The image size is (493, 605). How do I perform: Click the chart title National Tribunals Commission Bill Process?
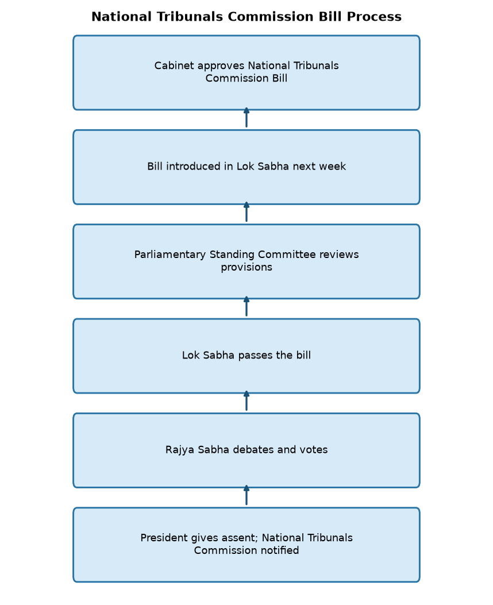(246, 17)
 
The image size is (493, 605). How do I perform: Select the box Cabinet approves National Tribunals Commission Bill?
(246, 72)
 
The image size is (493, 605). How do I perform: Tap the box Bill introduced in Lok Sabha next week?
(246, 167)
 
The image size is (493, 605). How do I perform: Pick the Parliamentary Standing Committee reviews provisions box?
(246, 261)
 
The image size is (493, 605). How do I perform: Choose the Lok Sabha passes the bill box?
(246, 356)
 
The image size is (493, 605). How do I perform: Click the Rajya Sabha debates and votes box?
(246, 450)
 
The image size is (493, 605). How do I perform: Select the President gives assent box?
(246, 545)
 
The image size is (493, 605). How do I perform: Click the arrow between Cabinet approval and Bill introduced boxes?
(246, 118)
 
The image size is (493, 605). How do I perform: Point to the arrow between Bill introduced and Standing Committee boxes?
(246, 212)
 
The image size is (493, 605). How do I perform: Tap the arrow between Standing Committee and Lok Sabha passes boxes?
(246, 306)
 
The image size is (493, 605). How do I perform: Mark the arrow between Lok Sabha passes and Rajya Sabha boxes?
(246, 401)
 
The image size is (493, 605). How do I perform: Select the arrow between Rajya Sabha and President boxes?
(246, 495)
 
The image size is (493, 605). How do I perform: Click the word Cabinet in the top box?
(174, 65)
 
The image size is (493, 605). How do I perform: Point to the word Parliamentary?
(170, 255)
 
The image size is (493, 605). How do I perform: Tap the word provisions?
(246, 267)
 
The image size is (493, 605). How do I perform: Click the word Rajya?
(180, 450)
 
